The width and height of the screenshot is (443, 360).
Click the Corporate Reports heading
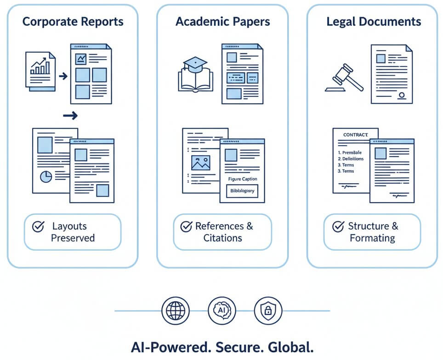[x=73, y=22]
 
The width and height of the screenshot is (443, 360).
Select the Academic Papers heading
[x=222, y=22]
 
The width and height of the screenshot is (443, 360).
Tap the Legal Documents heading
[x=374, y=22]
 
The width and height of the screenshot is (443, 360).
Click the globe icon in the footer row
[x=175, y=311]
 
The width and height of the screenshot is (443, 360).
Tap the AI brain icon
[x=221, y=311]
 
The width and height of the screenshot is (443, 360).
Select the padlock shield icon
[x=267, y=311]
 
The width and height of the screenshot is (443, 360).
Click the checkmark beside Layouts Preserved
[x=38, y=226]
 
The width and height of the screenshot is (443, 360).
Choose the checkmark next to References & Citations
[x=186, y=226]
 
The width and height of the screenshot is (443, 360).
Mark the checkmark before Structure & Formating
[x=338, y=226]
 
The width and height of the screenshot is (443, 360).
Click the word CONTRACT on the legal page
[x=356, y=135]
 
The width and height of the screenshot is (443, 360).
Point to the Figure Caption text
[x=242, y=179]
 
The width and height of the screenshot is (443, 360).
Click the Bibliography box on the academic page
[x=242, y=191]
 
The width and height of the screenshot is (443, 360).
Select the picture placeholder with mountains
[x=201, y=163]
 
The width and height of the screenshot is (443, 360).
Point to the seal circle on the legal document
[x=402, y=96]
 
